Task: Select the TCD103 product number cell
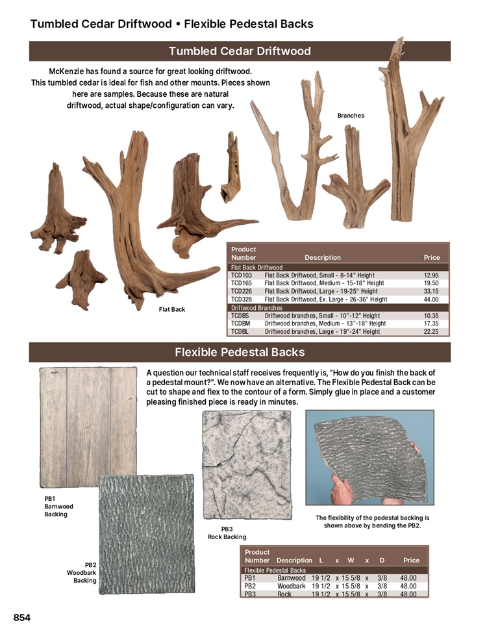tap(242, 275)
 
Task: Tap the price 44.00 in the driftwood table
tap(432, 299)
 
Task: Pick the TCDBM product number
tap(242, 323)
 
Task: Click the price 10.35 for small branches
tap(432, 316)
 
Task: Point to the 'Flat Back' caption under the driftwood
tap(172, 309)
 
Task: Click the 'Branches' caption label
tap(351, 116)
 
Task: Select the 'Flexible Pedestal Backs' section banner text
tap(240, 353)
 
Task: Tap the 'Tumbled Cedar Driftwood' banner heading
tap(240, 51)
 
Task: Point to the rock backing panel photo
tap(247, 464)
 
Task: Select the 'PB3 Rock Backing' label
tap(227, 533)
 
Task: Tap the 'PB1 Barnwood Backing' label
tap(58, 506)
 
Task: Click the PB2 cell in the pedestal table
tap(250, 586)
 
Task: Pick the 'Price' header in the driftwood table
tap(432, 257)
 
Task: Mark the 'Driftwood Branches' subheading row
tap(256, 308)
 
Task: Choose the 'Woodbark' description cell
tap(291, 586)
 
